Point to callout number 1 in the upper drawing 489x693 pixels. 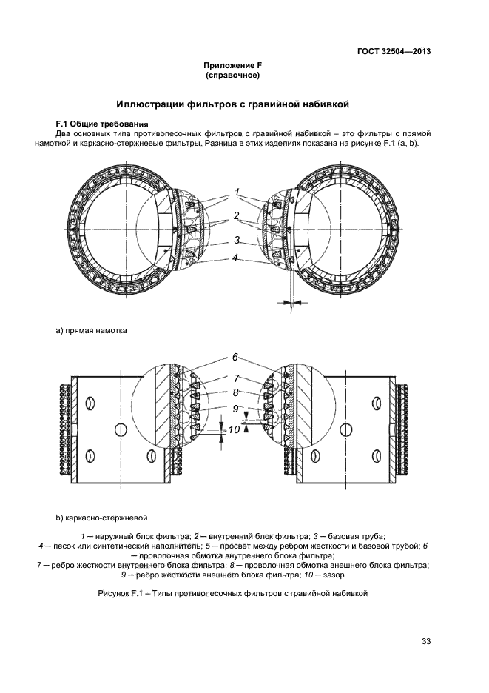(237, 192)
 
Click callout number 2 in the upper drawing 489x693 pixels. (236, 216)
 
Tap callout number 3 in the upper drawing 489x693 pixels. (236, 240)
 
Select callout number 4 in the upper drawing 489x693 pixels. (235, 258)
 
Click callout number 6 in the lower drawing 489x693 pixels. (235, 356)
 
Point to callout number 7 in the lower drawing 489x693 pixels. (236, 378)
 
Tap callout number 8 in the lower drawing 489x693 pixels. (235, 393)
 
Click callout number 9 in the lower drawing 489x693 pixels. (235, 408)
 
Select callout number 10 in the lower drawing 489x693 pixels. (234, 430)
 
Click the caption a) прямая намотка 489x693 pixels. (91, 330)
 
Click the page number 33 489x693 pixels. (425, 641)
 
